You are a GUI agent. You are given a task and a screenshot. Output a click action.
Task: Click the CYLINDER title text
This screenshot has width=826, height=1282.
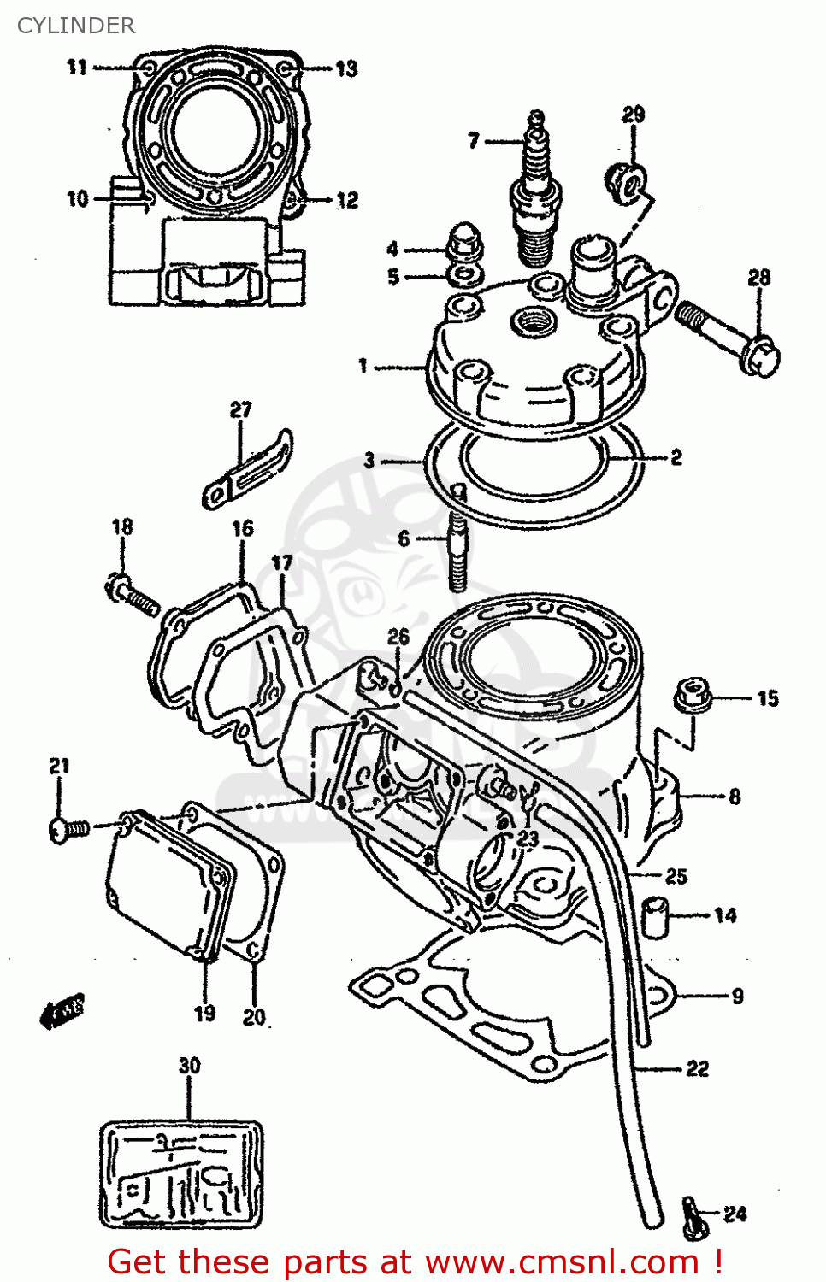click(x=76, y=26)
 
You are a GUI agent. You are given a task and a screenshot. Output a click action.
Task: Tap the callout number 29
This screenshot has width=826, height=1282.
click(x=633, y=115)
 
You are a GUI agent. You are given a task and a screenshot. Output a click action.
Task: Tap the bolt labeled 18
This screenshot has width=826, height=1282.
click(x=133, y=595)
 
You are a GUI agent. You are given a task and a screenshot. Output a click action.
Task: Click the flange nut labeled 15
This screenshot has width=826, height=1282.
click(x=693, y=694)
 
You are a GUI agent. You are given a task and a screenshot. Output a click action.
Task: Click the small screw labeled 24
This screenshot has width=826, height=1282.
click(x=693, y=1219)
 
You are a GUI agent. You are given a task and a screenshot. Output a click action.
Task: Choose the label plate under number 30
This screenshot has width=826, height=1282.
click(x=181, y=1174)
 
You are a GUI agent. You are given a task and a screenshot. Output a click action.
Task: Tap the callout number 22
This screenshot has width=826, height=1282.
click(x=697, y=1068)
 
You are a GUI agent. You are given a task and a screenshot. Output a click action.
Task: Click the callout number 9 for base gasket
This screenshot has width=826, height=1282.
click(x=737, y=996)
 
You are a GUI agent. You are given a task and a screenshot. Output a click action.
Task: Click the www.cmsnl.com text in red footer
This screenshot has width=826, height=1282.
click(x=562, y=1261)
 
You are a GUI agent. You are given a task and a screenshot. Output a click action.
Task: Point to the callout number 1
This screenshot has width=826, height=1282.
click(x=363, y=366)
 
